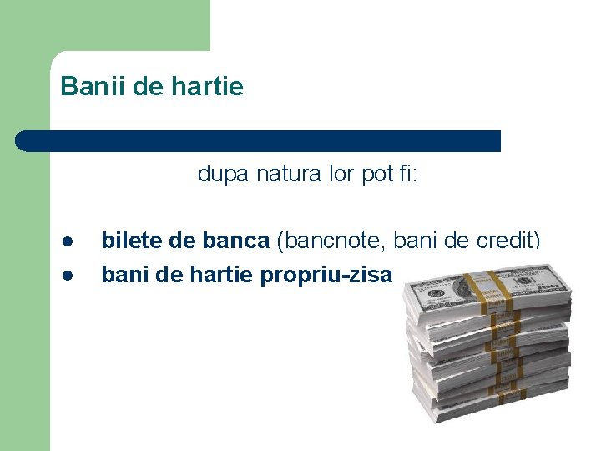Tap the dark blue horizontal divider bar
pos(259,140)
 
